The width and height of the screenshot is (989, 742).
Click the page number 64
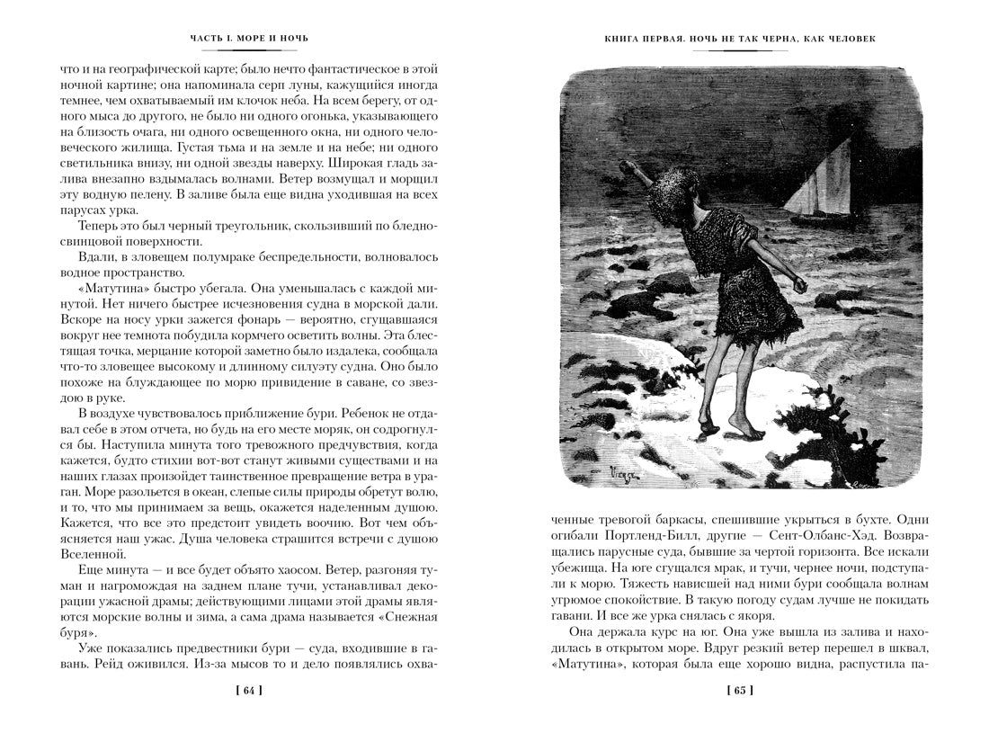click(x=250, y=691)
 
